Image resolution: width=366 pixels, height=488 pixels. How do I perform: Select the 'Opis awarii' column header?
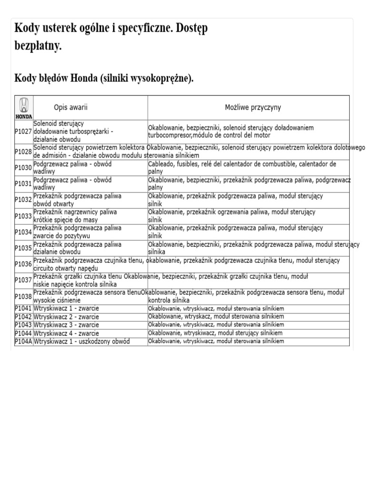coord(71,108)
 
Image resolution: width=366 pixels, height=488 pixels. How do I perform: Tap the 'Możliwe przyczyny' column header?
coord(253,108)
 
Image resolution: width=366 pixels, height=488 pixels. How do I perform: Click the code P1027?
coord(23,132)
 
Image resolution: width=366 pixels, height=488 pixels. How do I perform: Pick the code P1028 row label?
coord(23,152)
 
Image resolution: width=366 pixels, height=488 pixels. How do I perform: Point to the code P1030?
coord(23,168)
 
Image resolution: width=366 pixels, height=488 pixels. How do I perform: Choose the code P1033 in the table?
coord(23,216)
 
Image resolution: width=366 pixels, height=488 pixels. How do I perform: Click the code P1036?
coord(23,264)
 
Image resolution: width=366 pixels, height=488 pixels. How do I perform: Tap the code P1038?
coord(23,296)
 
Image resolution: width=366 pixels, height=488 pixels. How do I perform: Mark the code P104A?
coord(23,342)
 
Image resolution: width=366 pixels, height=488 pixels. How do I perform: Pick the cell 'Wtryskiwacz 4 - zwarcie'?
coord(67,333)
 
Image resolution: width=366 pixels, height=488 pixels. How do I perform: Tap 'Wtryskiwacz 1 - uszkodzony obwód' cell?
coord(82,342)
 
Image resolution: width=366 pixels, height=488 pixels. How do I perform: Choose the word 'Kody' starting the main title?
coord(27,28)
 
